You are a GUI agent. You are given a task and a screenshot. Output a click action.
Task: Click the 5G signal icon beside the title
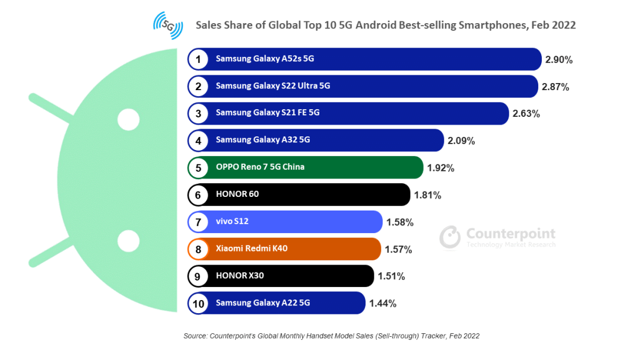tap(168, 26)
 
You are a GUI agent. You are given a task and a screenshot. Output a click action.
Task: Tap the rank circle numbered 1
tap(198, 59)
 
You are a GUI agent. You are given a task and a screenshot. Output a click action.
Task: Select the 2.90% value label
tap(559, 60)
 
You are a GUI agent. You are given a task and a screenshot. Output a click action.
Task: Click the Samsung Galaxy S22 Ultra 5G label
tap(273, 86)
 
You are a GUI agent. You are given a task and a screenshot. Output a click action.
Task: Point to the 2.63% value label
tap(526, 114)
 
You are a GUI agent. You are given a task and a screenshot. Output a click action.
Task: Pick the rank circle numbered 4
tap(198, 141)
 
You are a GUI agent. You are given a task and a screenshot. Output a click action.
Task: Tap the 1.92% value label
tap(440, 168)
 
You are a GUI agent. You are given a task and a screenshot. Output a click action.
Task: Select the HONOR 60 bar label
tap(237, 194)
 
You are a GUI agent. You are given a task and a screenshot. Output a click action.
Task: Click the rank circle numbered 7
tap(198, 222)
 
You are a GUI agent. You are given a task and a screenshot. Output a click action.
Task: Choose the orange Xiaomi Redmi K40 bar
tap(332, 249)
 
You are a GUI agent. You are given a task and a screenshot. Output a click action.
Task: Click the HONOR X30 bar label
tap(240, 276)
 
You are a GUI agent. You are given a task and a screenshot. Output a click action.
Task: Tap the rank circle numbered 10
tap(198, 304)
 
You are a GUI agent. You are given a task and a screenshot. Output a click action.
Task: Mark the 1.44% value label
tap(383, 304)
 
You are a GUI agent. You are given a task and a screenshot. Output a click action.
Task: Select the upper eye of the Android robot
tap(128, 119)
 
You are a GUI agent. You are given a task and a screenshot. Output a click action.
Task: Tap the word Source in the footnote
tap(195, 336)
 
